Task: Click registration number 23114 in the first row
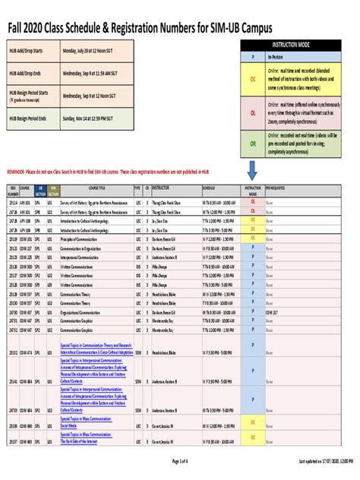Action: [x=13, y=204]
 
